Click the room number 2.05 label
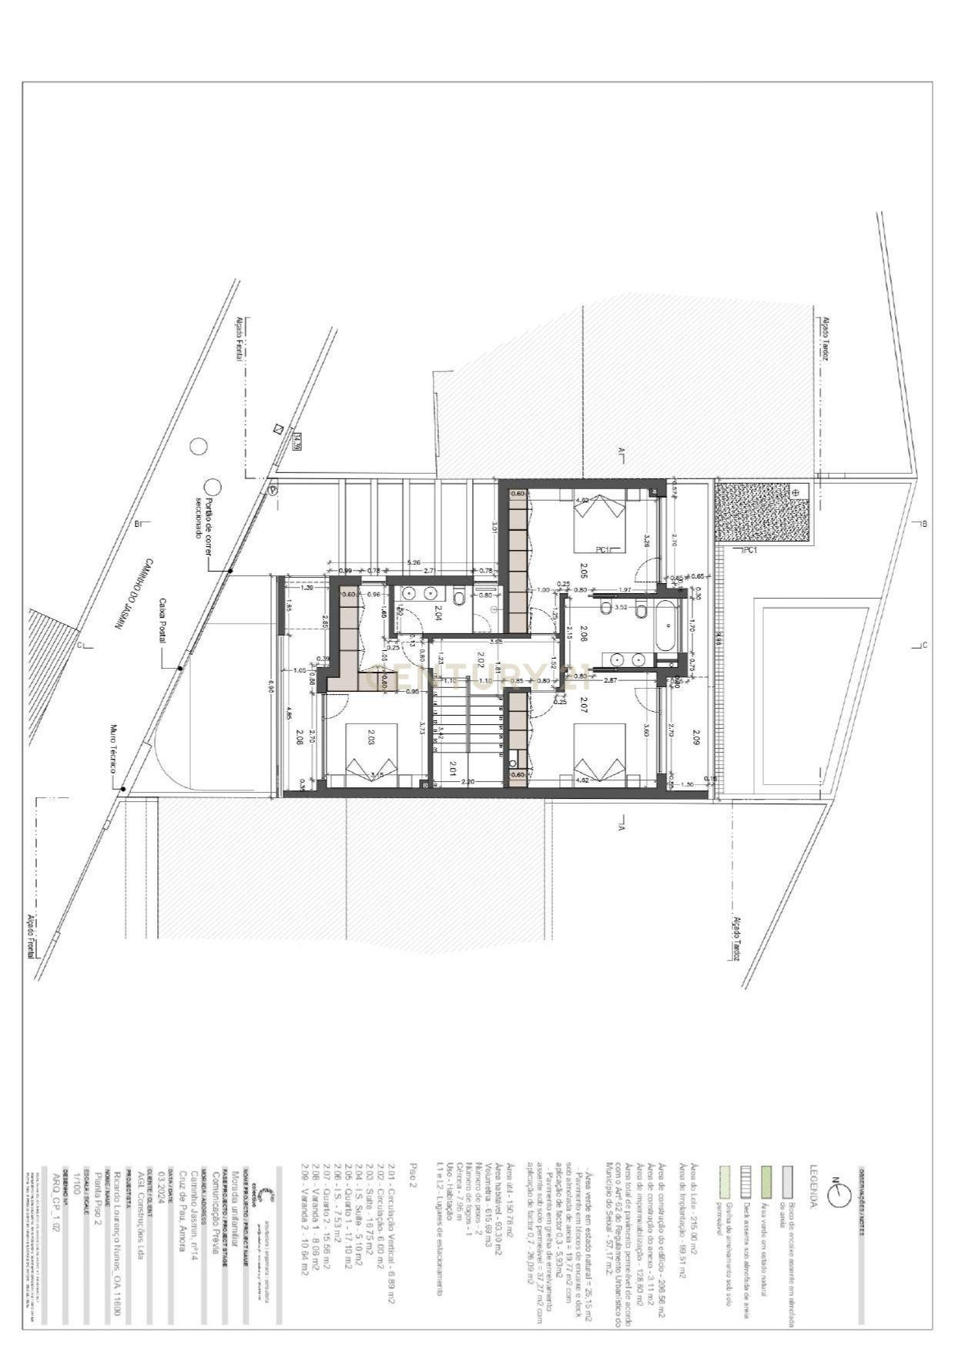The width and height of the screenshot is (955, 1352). (x=582, y=571)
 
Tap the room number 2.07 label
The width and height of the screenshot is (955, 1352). (x=583, y=703)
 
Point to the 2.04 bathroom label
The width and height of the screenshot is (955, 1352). (x=437, y=614)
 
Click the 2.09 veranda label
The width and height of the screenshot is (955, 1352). (x=695, y=738)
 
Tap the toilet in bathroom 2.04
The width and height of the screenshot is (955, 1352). (x=458, y=597)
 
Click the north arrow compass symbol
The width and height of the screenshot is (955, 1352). (x=838, y=1193)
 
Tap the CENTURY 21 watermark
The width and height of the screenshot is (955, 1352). (x=477, y=679)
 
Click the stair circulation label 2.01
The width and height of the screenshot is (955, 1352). (x=453, y=767)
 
